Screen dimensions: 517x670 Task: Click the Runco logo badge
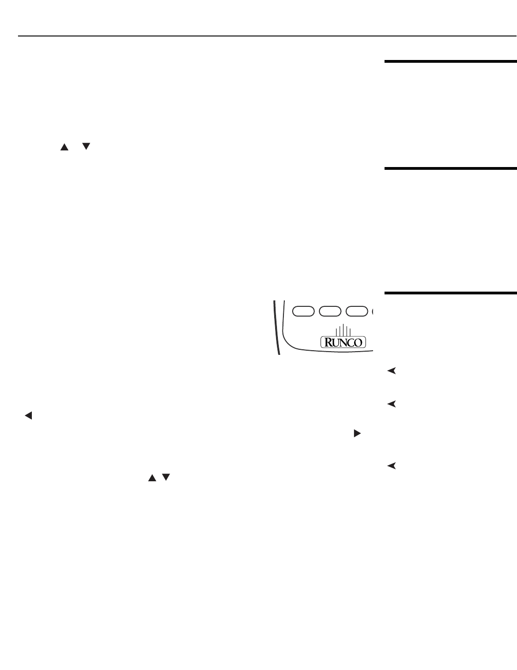(343, 342)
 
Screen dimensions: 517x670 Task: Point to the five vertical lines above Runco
(343, 330)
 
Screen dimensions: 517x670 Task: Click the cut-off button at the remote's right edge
(372, 311)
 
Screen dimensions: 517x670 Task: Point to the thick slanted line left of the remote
(277, 327)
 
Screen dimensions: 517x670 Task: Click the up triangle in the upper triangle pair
(64, 147)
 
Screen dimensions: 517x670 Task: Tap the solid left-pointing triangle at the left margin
(28, 416)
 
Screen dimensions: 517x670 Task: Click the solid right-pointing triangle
(356, 433)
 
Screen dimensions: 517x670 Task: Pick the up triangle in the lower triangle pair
(150, 479)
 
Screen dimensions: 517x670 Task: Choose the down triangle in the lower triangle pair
(166, 479)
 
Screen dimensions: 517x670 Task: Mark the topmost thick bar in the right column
(451, 61)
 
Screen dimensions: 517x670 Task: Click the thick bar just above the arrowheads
(451, 293)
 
